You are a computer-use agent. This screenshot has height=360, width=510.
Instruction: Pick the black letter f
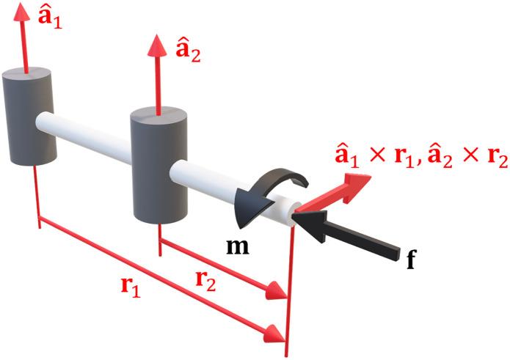coord(412,258)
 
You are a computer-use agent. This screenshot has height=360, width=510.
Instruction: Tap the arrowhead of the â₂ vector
coord(156,45)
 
